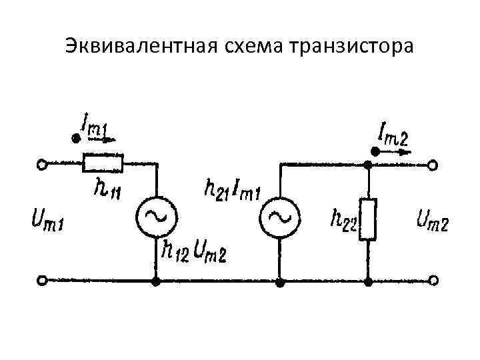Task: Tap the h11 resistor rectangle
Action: point(103,162)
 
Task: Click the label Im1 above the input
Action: point(93,126)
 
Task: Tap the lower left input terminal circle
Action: point(42,282)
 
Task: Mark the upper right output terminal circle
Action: point(434,163)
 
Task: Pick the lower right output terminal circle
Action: point(434,282)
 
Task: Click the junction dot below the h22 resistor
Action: point(368,282)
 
